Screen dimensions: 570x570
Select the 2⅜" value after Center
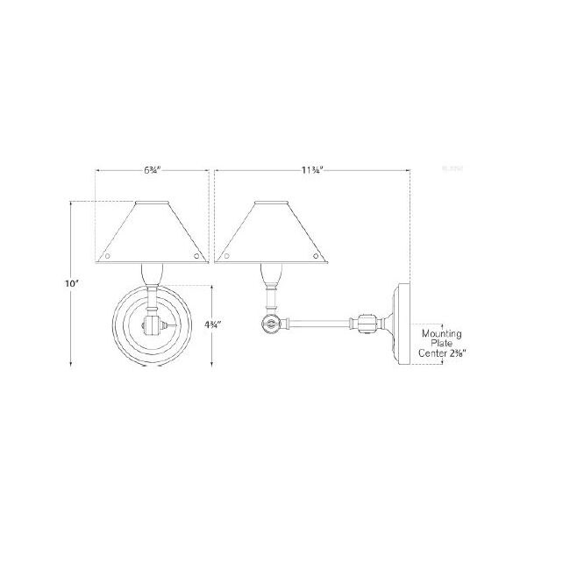(x=456, y=355)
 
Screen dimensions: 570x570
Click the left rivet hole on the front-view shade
(x=109, y=257)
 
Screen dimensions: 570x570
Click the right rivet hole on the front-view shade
(x=196, y=257)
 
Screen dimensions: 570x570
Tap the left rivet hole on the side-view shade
(x=227, y=257)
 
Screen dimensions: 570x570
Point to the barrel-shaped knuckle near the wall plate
(x=367, y=324)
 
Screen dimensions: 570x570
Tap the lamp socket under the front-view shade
(x=152, y=275)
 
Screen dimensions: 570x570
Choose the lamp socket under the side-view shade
(x=271, y=279)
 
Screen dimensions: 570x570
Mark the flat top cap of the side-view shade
(x=271, y=203)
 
